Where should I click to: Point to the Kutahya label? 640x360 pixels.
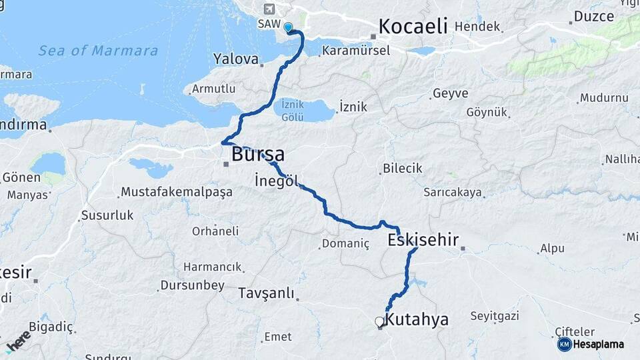(x=417, y=319)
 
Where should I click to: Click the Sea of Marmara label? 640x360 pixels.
(x=98, y=51)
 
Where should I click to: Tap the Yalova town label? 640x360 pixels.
(x=235, y=59)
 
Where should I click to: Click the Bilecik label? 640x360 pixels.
(x=402, y=168)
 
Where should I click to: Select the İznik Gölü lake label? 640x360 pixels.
(x=293, y=110)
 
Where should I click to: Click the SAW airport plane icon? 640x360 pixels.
(x=269, y=9)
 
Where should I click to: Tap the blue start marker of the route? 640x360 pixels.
(x=289, y=28)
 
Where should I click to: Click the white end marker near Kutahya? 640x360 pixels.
(x=380, y=322)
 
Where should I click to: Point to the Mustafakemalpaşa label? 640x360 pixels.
(x=176, y=192)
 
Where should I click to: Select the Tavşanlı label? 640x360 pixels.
(x=266, y=293)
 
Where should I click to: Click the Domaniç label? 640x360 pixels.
(x=345, y=243)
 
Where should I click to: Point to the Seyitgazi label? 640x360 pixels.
(x=494, y=315)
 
